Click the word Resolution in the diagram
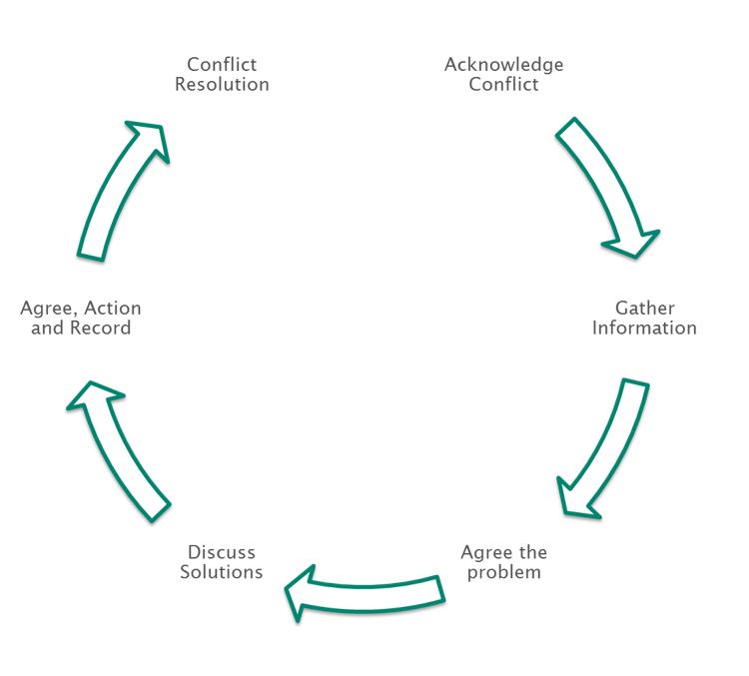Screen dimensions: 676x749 click(x=222, y=85)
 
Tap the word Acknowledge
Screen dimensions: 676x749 click(x=503, y=65)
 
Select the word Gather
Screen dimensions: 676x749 click(x=644, y=308)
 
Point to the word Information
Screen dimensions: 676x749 click(x=644, y=328)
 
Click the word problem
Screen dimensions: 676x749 click(x=504, y=572)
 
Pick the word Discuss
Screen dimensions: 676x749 click(x=222, y=552)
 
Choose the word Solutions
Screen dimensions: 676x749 click(x=222, y=572)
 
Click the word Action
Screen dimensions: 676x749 click(x=110, y=308)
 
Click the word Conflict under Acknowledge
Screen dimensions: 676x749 click(x=503, y=85)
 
